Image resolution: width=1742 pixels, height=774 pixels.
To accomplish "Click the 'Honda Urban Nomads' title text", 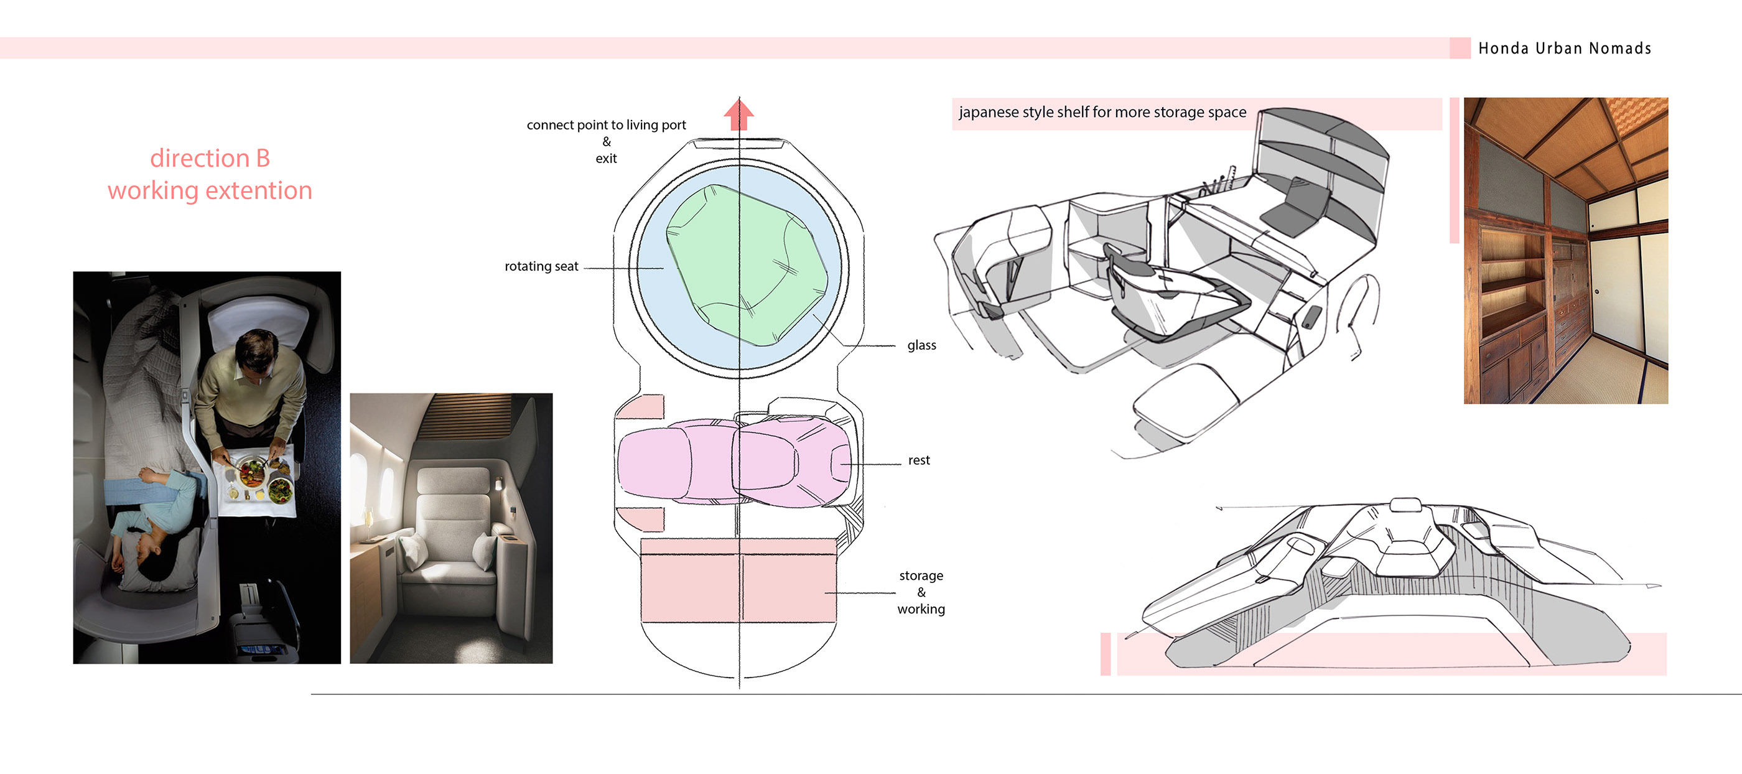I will point(1564,49).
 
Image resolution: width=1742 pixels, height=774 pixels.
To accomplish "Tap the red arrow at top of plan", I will point(738,115).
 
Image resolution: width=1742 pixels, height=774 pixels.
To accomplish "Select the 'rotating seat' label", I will point(541,266).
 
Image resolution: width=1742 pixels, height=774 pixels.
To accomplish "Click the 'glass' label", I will point(921,345).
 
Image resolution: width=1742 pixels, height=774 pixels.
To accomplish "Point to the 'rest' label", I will point(918,460).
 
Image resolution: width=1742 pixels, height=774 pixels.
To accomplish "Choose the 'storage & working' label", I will point(921,592).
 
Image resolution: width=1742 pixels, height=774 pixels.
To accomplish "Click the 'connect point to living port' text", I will point(606,125).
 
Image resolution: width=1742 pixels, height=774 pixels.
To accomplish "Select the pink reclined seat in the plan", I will point(734,462).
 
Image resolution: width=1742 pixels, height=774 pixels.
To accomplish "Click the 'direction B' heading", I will point(210,158).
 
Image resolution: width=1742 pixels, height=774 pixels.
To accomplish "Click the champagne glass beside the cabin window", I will point(368,525).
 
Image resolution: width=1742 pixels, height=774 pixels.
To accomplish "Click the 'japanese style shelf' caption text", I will point(1102,113).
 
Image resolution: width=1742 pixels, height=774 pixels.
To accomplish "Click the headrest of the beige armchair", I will point(452,482).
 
